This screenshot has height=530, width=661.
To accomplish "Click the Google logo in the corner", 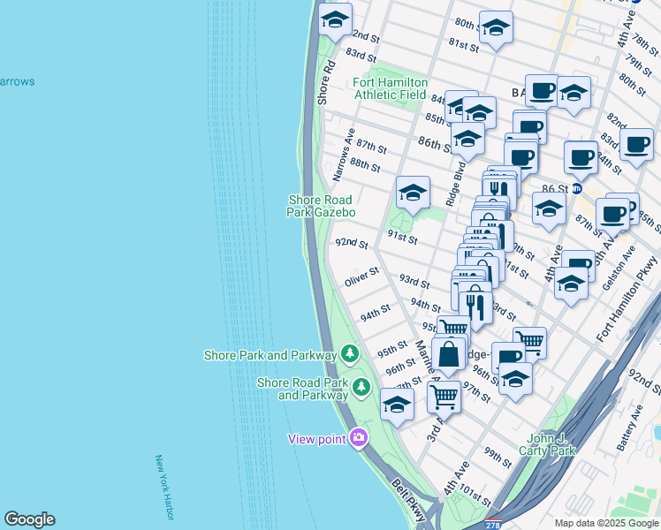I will click(29, 519).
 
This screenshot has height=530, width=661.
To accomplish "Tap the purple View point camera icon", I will click(359, 437).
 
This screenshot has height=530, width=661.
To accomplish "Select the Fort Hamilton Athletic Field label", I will click(391, 87).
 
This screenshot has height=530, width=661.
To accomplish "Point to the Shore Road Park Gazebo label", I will click(322, 206).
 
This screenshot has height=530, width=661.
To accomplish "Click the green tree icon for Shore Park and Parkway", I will click(351, 354).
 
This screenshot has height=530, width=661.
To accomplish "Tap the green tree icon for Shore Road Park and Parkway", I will click(361, 387).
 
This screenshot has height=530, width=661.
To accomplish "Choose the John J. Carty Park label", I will click(550, 444).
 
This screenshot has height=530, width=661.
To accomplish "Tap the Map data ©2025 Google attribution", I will click(604, 522).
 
